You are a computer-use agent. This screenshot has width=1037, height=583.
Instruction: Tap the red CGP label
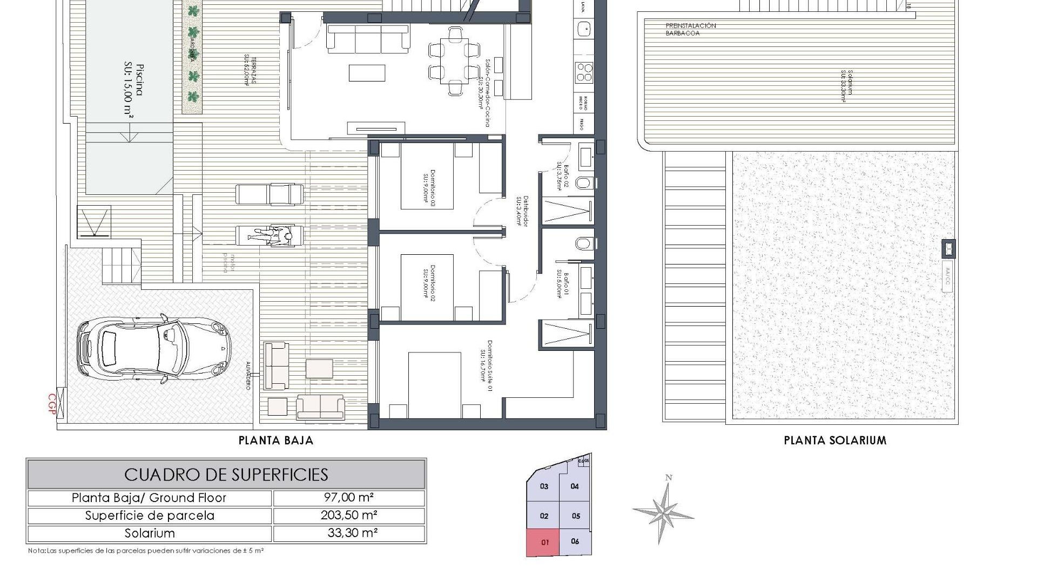coord(52,404)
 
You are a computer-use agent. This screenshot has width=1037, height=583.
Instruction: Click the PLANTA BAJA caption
coord(276,440)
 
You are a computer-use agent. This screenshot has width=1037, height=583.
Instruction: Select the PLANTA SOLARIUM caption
coord(835,440)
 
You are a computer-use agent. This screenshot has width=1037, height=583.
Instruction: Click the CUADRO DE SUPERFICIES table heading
coord(226,474)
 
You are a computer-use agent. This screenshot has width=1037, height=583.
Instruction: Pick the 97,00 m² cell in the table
coord(349,498)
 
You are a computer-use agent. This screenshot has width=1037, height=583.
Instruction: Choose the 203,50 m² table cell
coord(349,515)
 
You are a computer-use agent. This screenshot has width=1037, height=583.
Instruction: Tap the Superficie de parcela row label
coord(150,516)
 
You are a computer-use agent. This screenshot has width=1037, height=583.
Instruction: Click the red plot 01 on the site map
coord(544,542)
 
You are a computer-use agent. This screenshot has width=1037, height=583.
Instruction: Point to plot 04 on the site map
coord(575,486)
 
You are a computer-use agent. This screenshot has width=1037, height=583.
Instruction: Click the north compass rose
coord(663,511)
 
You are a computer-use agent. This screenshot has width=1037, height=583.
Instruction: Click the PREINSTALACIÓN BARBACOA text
coord(690,29)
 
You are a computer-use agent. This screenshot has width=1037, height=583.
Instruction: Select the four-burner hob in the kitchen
coord(584,72)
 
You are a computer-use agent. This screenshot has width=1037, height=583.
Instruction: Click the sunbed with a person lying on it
coord(269,236)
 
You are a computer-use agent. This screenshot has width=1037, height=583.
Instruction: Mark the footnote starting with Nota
coord(146,551)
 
